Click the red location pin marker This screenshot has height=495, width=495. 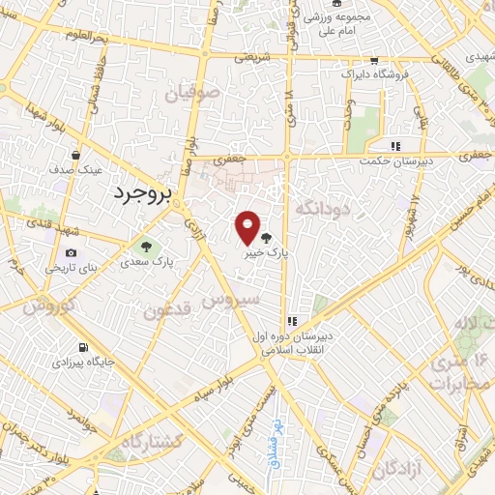[x=247, y=227]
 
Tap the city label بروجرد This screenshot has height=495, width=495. [x=141, y=193]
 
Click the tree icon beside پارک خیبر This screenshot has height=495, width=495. [x=267, y=237]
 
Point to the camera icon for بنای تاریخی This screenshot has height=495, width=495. [x=72, y=253]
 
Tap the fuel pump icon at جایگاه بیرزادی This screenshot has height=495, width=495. [x=83, y=348]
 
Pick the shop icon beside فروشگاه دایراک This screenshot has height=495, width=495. [x=346, y=73]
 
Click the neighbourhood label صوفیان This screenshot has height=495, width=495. [x=192, y=94]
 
